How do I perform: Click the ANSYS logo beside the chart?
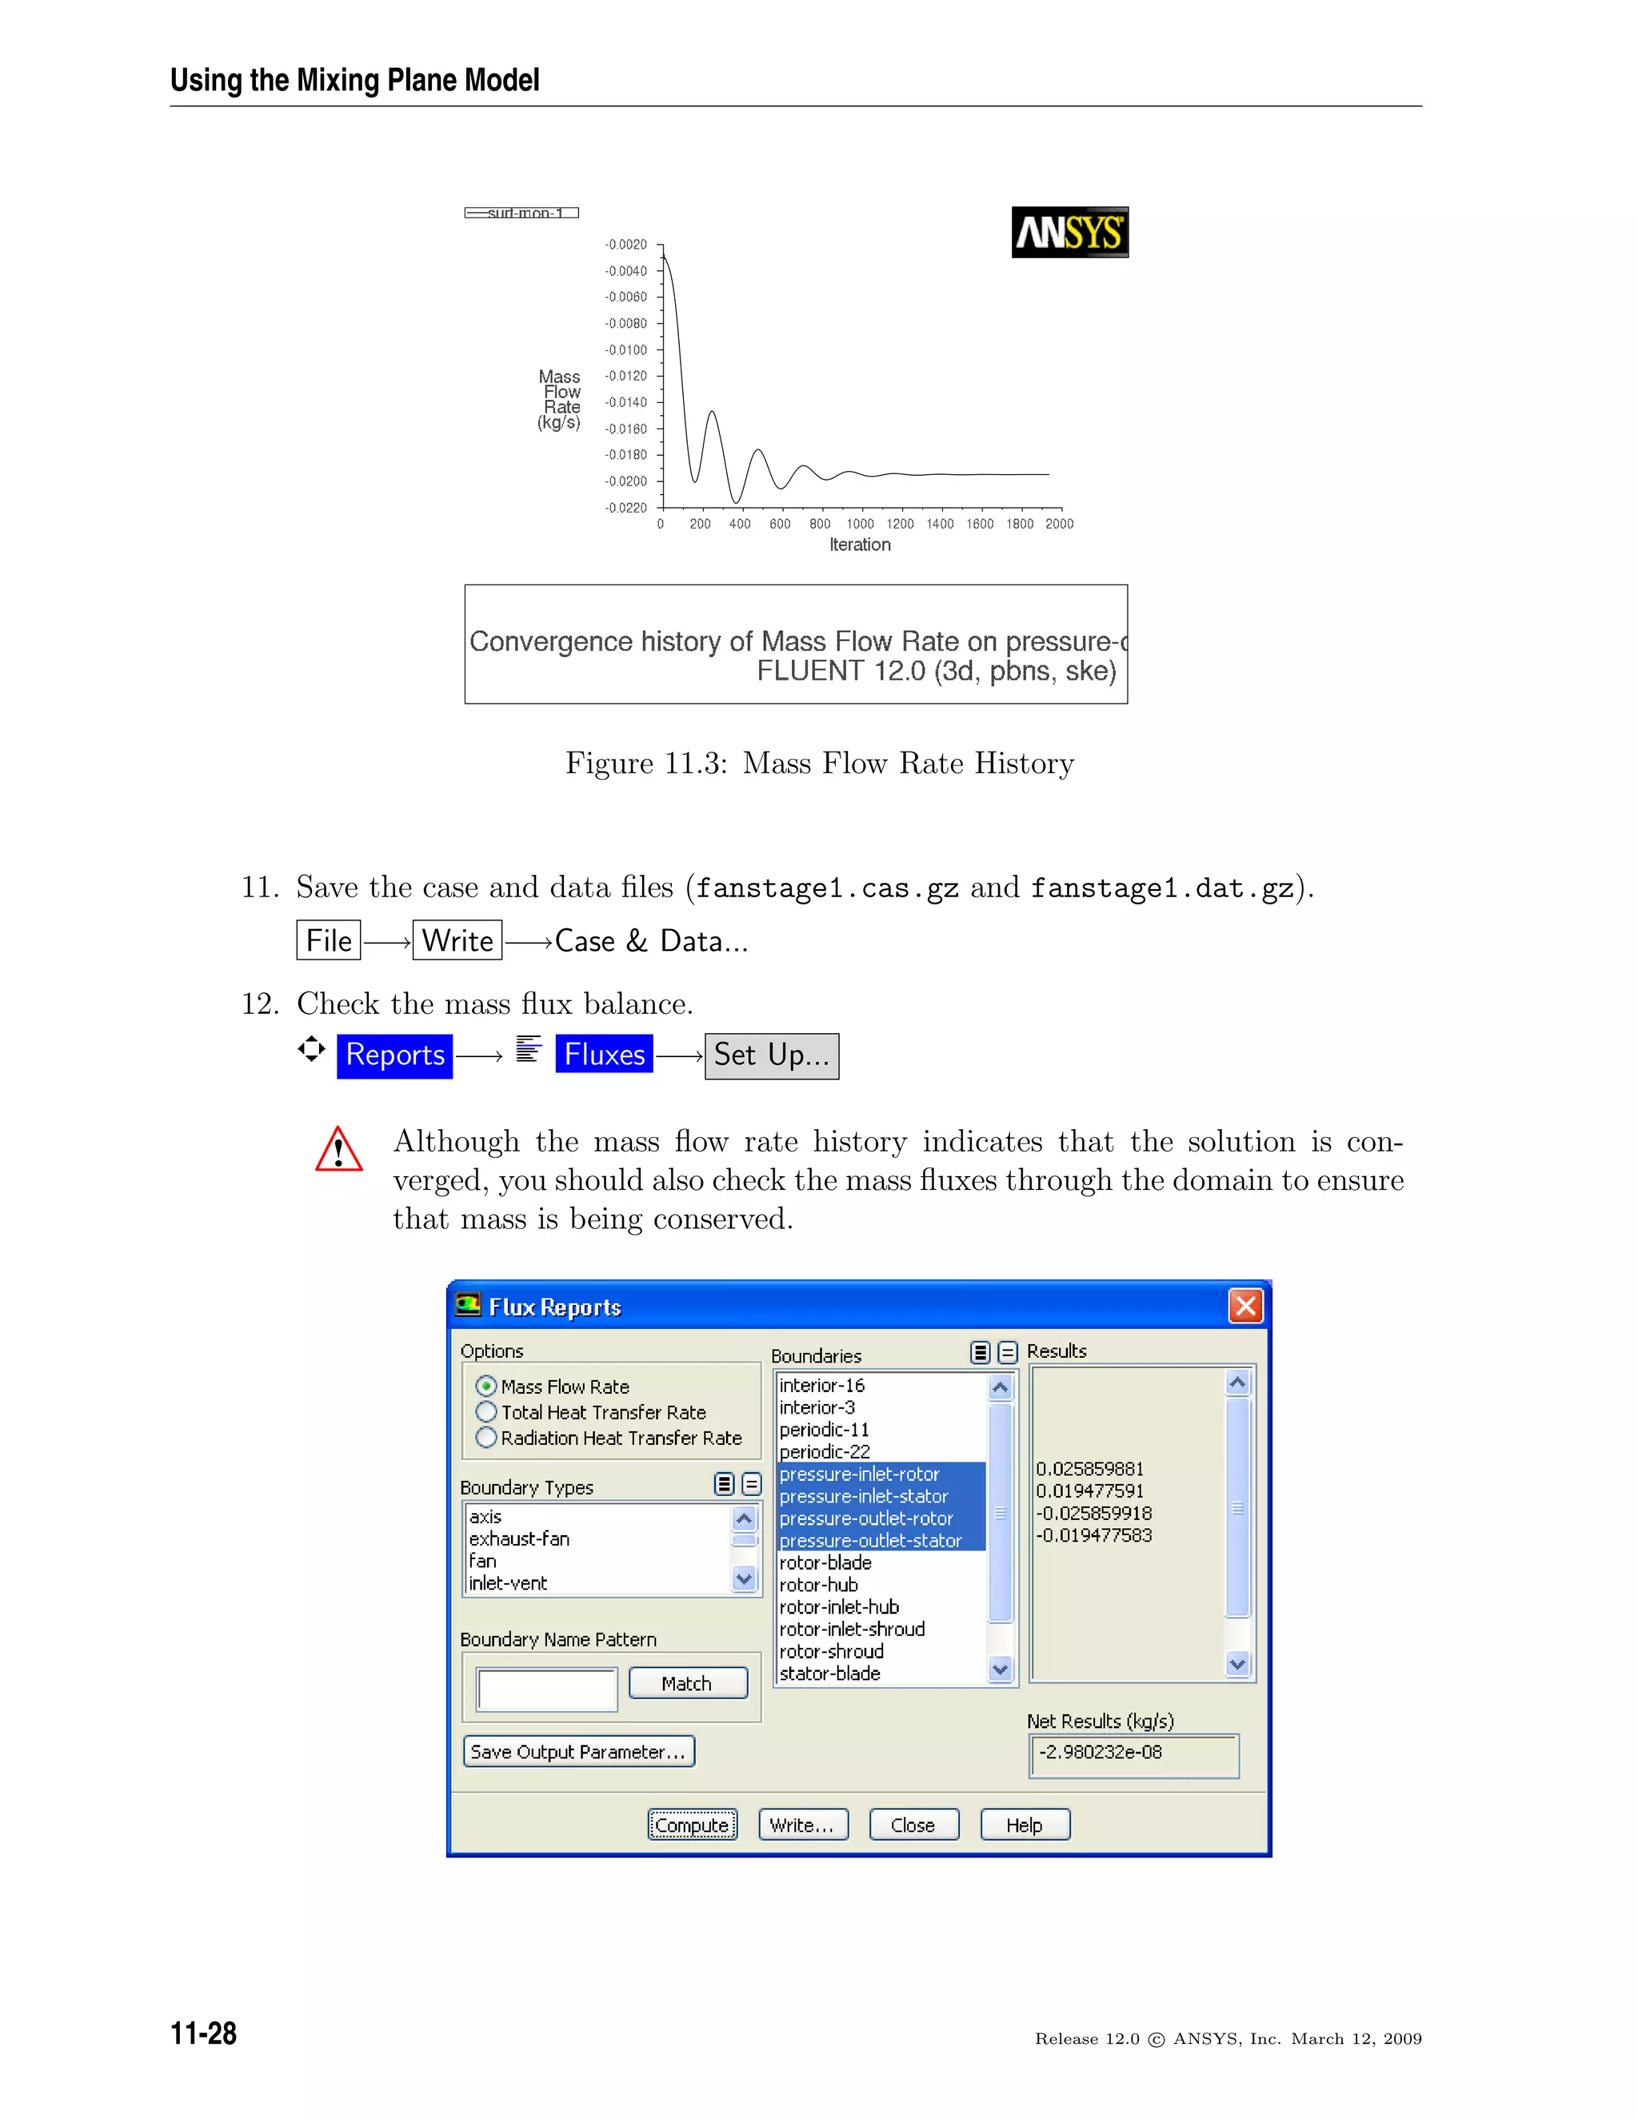tap(1069, 232)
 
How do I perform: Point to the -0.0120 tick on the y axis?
tap(626, 377)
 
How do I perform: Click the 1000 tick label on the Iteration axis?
tap(860, 524)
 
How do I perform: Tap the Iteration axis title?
tap(860, 545)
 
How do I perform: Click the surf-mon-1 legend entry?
tap(522, 213)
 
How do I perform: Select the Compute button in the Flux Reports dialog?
tap(692, 1825)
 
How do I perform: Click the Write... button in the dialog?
tap(802, 1825)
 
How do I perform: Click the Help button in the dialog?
tap(1024, 1825)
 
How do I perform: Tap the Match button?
tap(687, 1683)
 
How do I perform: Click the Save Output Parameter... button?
tap(578, 1751)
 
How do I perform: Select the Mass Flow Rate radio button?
tap(486, 1387)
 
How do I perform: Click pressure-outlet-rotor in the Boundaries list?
tap(865, 1518)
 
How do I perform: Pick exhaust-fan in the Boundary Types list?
tap(519, 1538)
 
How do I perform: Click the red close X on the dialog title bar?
tap(1245, 1306)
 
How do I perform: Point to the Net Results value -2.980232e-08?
tap(1101, 1752)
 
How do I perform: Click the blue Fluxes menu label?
tap(604, 1055)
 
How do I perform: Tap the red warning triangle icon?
tap(338, 1151)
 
